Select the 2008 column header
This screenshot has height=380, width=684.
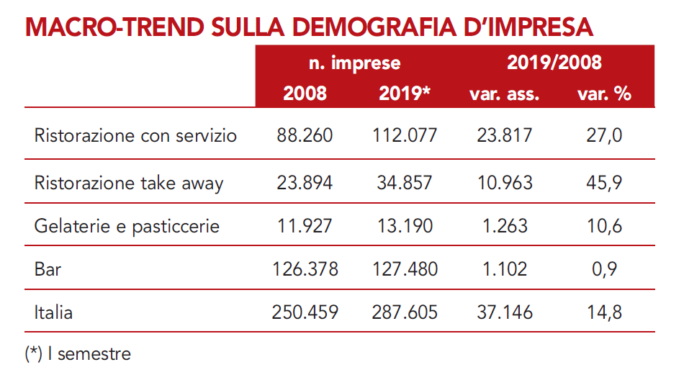pyautogui.click(x=305, y=94)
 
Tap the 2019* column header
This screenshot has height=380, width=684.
pyautogui.click(x=405, y=94)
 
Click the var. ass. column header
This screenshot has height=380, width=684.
pyautogui.click(x=504, y=94)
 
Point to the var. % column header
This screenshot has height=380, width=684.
pyautogui.click(x=604, y=94)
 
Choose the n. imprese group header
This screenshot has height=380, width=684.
pyautogui.click(x=355, y=63)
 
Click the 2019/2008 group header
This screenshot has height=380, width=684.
pyautogui.click(x=554, y=63)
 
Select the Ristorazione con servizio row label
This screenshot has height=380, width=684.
pyautogui.click(x=135, y=136)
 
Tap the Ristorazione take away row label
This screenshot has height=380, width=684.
pyautogui.click(x=129, y=183)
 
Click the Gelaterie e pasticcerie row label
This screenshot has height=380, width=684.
pyautogui.click(x=127, y=226)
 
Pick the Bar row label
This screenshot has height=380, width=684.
pyautogui.click(x=48, y=269)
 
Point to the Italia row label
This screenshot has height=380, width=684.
pyautogui.click(x=53, y=312)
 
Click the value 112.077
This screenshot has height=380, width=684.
pyautogui.click(x=405, y=136)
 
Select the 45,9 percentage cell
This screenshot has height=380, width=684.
pyautogui.click(x=604, y=183)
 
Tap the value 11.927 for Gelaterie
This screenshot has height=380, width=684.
pyautogui.click(x=305, y=226)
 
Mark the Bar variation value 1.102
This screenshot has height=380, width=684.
pyautogui.click(x=504, y=269)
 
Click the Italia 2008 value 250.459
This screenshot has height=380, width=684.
pyautogui.click(x=305, y=312)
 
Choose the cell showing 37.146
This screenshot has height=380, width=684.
pyautogui.click(x=504, y=312)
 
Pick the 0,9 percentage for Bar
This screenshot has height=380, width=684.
pyautogui.click(x=604, y=269)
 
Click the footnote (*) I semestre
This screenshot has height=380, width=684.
pyautogui.click(x=78, y=354)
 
